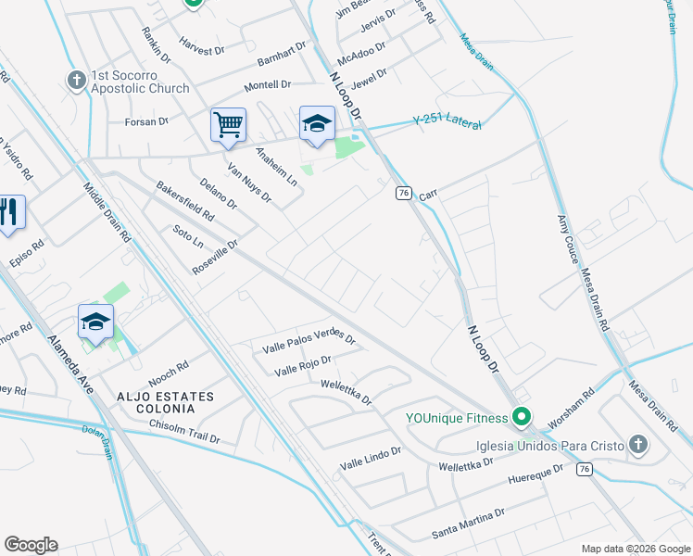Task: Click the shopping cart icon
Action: coord(228,124)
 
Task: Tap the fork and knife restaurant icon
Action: coord(9,213)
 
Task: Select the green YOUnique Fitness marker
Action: coord(522,418)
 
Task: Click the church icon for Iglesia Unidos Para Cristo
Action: coord(637,445)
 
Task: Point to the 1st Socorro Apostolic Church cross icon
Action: coord(76,81)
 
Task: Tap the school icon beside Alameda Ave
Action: coord(95,322)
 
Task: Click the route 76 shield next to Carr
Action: coord(403,192)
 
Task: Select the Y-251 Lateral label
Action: coord(448,121)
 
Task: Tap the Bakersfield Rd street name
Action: coord(185,200)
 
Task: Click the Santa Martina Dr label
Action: coord(468,524)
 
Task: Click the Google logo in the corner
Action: coord(31,545)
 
